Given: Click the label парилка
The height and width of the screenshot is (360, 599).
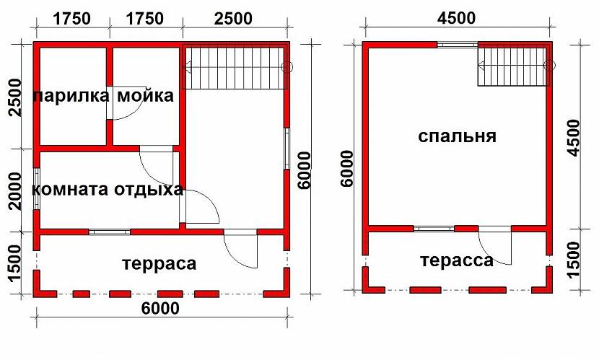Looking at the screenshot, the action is [x=71, y=96].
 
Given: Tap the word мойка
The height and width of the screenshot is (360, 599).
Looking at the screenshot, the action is [x=146, y=96].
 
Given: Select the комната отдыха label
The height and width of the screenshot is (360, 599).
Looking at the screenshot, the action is [x=108, y=190].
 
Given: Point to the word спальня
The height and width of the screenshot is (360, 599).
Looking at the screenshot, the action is [x=458, y=136].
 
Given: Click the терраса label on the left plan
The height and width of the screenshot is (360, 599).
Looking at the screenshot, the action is [x=159, y=264].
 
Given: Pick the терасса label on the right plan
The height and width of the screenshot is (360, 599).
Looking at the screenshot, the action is [x=457, y=261].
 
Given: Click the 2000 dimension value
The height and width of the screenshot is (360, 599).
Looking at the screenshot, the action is [x=15, y=190].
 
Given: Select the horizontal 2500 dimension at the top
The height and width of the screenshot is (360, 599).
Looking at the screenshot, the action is [x=233, y=18].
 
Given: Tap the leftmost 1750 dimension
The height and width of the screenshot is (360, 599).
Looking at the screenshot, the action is [x=72, y=18].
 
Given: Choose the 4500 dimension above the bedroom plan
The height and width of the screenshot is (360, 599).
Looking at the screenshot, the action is [x=457, y=18].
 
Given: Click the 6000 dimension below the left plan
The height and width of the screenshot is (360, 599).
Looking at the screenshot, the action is [x=160, y=308].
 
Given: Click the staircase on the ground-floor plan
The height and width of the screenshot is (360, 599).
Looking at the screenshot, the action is [x=235, y=67].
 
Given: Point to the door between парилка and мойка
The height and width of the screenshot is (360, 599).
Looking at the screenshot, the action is [x=123, y=103].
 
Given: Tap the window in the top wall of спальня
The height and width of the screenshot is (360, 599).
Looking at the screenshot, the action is [x=458, y=44].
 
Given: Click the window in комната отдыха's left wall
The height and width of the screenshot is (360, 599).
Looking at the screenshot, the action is [x=36, y=188].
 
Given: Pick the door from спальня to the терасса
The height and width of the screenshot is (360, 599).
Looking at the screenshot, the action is [x=494, y=245].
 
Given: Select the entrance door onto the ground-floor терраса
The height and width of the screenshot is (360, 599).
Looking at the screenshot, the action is [x=240, y=248].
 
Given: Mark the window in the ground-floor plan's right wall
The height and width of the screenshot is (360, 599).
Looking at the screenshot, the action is [x=287, y=148].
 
